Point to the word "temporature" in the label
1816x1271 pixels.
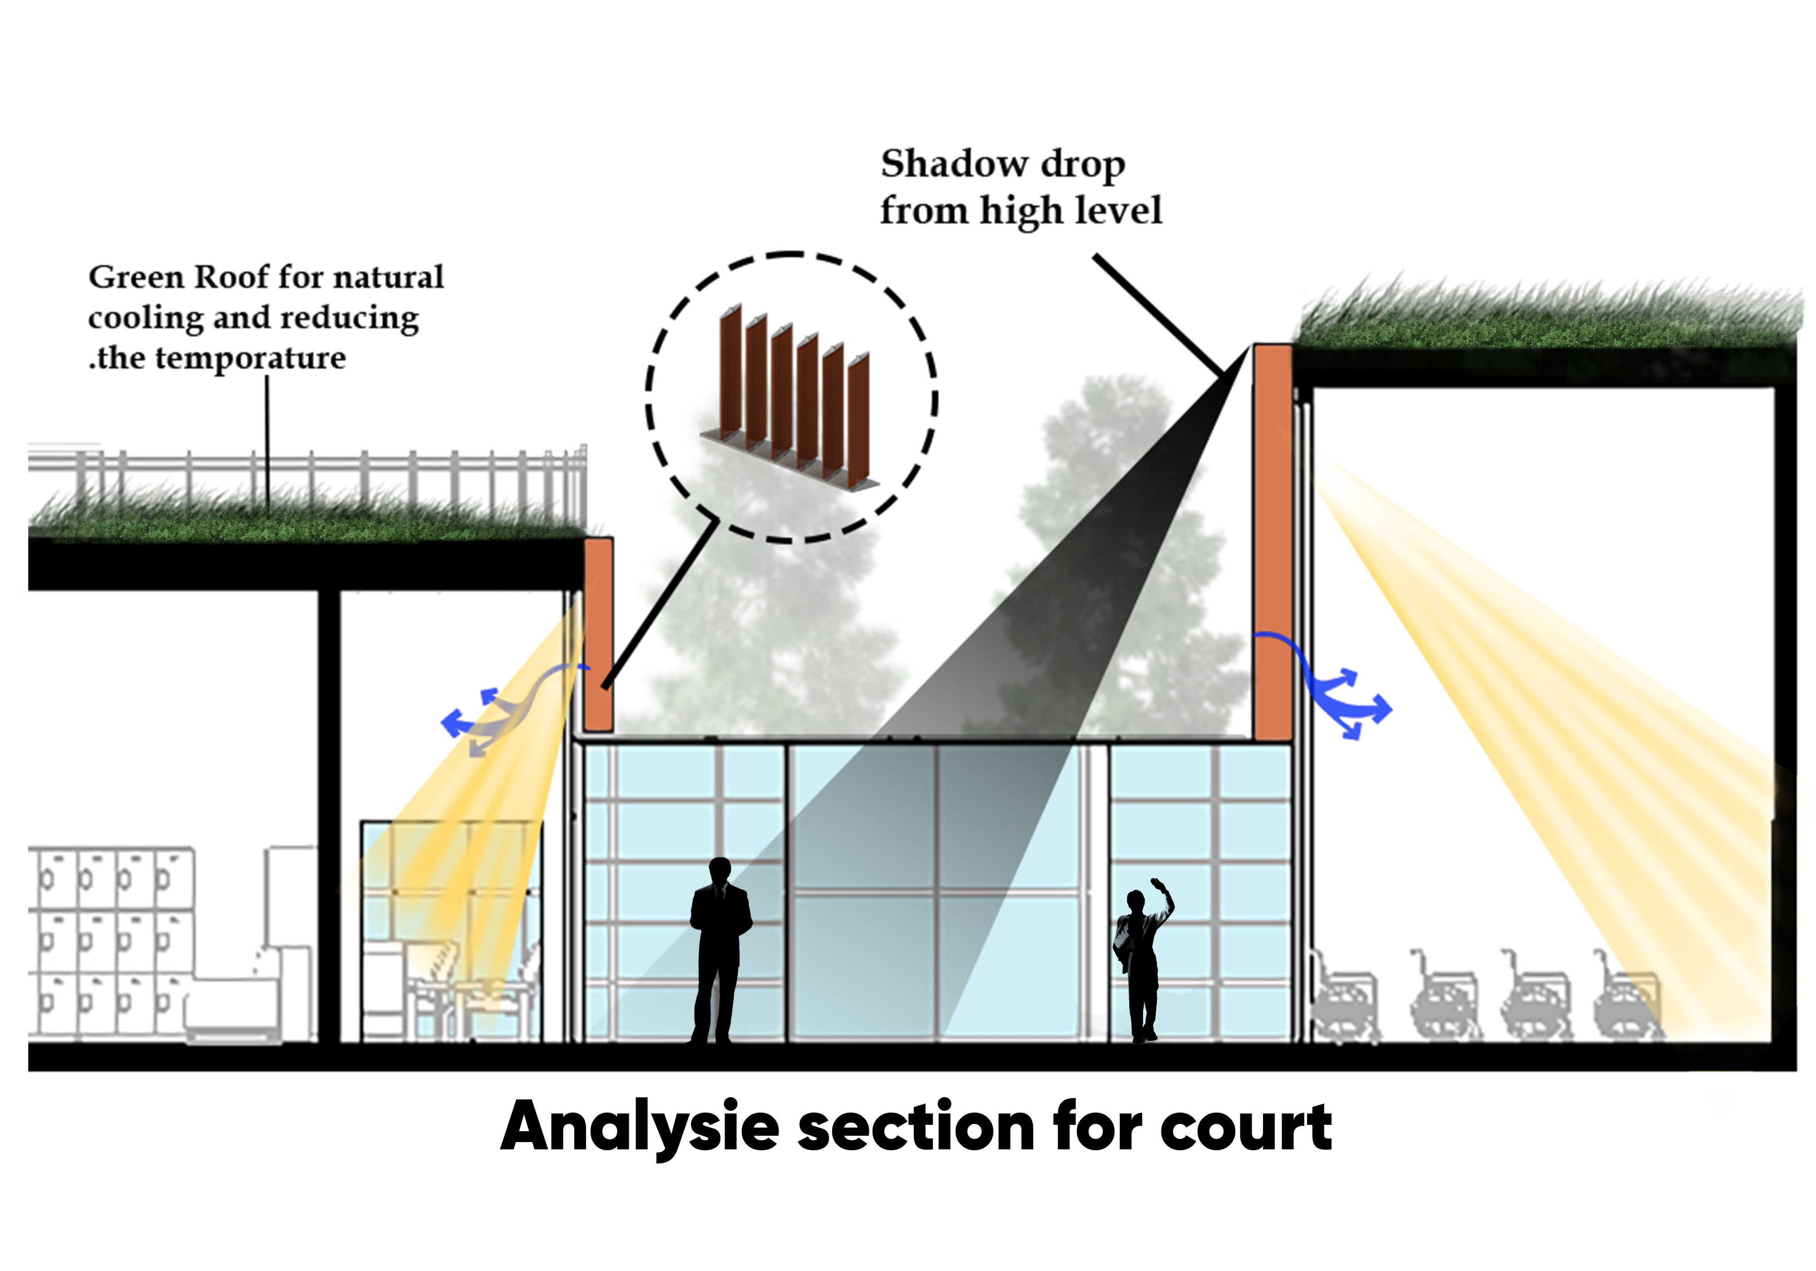[x=250, y=358]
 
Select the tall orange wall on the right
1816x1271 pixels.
[x=1272, y=542]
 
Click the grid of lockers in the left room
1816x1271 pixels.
[x=111, y=941]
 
